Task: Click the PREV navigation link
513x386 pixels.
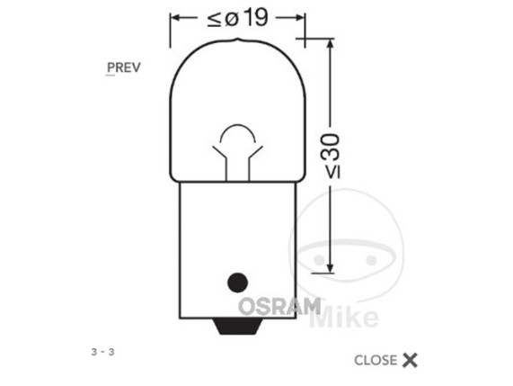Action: pos(124,67)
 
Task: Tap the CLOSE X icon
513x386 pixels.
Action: pos(410,360)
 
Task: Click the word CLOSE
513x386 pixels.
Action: pos(376,361)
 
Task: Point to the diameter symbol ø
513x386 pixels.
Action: pos(232,19)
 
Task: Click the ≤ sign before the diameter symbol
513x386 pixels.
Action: pos(215,20)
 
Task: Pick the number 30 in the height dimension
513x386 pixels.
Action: pos(331,148)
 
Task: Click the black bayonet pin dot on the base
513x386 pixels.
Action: pos(237,283)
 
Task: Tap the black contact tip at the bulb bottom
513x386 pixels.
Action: pos(237,326)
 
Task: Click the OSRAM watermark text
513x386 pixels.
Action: pos(279,307)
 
